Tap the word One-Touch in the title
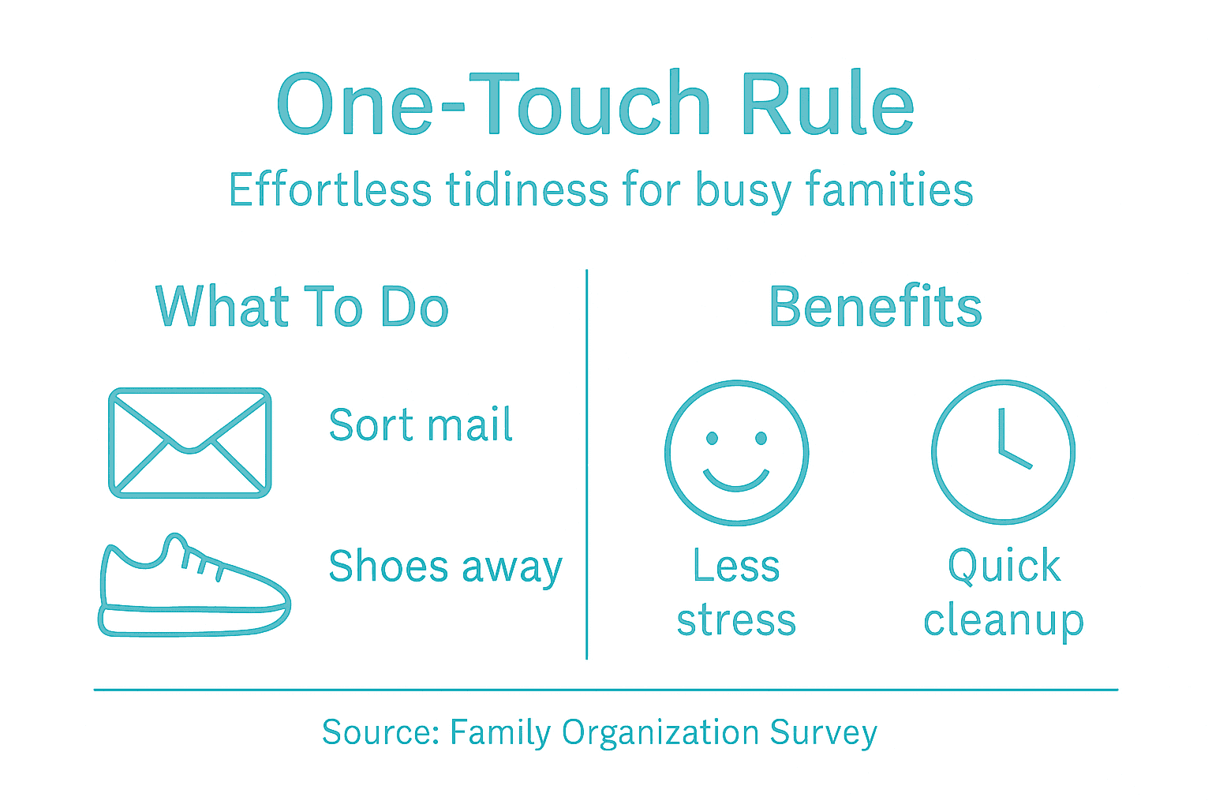[494, 105]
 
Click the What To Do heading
[302, 307]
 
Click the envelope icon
[189, 443]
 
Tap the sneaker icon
[193, 588]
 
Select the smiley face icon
[736, 453]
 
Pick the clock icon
[1003, 453]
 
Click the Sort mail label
[421, 425]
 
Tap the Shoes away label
[445, 567]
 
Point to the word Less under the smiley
[736, 566]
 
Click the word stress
[736, 620]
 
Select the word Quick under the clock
[1004, 567]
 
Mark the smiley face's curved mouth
[736, 481]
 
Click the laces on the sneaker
[202, 563]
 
